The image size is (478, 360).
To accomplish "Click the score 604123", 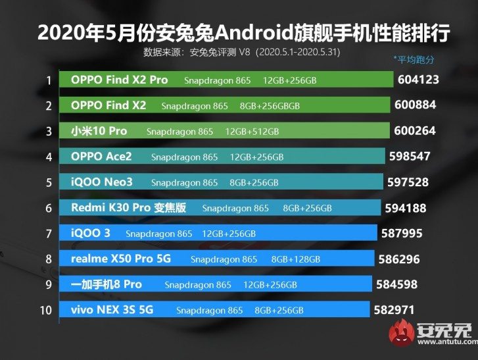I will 418,80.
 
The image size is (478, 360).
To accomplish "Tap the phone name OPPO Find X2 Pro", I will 119,80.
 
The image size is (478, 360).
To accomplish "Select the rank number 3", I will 49,131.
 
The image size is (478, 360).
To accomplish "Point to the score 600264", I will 415,131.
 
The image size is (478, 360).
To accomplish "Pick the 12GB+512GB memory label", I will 252,132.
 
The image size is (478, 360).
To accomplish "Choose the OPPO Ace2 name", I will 101,157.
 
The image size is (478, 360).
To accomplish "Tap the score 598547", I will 412,157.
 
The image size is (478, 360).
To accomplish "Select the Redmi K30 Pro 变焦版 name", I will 128,208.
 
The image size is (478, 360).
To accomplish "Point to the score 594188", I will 406,208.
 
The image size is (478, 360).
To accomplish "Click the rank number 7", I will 49,233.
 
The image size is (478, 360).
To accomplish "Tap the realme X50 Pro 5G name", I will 120,259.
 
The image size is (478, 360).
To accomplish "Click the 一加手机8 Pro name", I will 106,284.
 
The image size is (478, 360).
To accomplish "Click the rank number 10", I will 45,309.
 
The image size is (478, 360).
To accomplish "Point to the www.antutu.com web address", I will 445,342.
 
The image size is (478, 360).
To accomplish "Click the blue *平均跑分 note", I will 414,59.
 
